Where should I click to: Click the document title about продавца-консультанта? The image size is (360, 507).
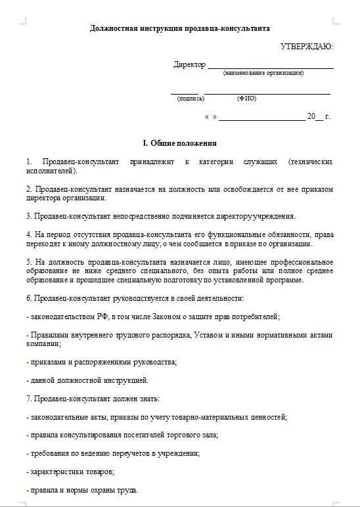[x=179, y=29]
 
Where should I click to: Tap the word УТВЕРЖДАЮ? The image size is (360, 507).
[x=306, y=47]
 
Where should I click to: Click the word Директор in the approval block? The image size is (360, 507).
[x=189, y=64]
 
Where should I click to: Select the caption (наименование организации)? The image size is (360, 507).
[x=263, y=73]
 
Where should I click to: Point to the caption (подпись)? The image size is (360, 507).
[x=191, y=99]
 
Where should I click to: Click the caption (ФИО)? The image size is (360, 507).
[x=246, y=99]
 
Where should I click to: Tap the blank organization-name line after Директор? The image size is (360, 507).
[x=270, y=67]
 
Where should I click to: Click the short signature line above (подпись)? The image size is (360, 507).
[x=184, y=93]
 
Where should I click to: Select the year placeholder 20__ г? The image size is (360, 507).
[x=318, y=116]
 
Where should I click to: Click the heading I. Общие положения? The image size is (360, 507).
[x=179, y=143]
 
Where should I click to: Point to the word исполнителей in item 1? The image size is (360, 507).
[x=51, y=171]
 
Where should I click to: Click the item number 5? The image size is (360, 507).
[x=28, y=261]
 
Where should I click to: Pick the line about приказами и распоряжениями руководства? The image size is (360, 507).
[x=102, y=362]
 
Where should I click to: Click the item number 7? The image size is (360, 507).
[x=28, y=398]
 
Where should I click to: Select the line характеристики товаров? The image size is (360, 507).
[x=72, y=472]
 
